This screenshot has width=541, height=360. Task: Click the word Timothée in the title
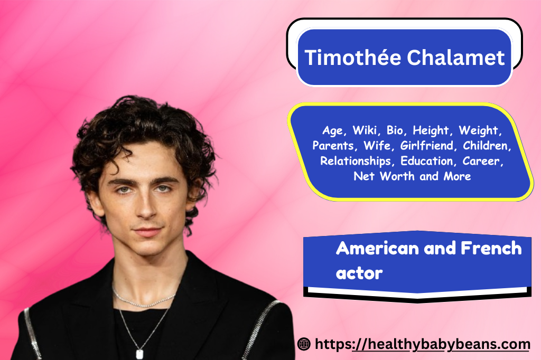pyautogui.click(x=352, y=57)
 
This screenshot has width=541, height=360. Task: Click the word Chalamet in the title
pyautogui.click(x=456, y=57)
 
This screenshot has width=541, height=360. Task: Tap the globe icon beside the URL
pyautogui.click(x=304, y=344)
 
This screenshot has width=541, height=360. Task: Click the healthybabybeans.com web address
pyautogui.click(x=422, y=345)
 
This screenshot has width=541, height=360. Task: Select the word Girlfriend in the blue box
pyautogui.click(x=427, y=146)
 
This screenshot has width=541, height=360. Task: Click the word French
pyautogui.click(x=491, y=248)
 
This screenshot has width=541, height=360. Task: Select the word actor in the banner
pyautogui.click(x=359, y=273)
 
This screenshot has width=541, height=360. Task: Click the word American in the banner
pyautogui.click(x=377, y=248)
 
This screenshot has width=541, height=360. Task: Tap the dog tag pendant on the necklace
pyautogui.click(x=139, y=354)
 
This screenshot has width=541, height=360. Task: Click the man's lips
pyautogui.click(x=148, y=232)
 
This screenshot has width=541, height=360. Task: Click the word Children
pyautogui.click(x=487, y=146)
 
